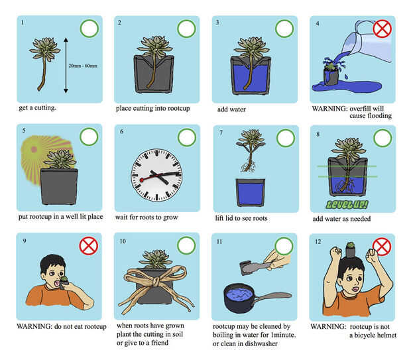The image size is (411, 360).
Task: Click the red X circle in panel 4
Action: pos(382,29)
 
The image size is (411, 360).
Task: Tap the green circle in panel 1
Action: pos(89,29)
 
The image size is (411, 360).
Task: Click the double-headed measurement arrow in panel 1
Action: pos(66,65)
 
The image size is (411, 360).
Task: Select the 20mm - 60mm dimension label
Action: pos(83,66)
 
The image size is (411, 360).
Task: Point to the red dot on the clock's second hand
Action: pos(142,180)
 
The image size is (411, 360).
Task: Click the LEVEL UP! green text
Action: pos(347,204)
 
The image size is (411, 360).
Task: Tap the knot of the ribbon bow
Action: pos(156,282)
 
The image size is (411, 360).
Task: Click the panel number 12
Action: pos(318,241)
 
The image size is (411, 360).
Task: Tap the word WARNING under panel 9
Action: pos(33,326)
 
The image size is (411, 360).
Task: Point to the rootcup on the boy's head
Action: pos(350,249)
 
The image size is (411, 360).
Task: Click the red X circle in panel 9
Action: pos(89,246)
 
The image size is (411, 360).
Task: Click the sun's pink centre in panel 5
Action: pos(34,149)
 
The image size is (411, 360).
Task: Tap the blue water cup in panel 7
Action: pos(251,192)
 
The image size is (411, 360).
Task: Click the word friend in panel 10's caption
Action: pos(160,343)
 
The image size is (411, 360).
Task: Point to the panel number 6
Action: pos(121,131)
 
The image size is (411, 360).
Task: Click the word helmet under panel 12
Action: pos(386,335)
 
